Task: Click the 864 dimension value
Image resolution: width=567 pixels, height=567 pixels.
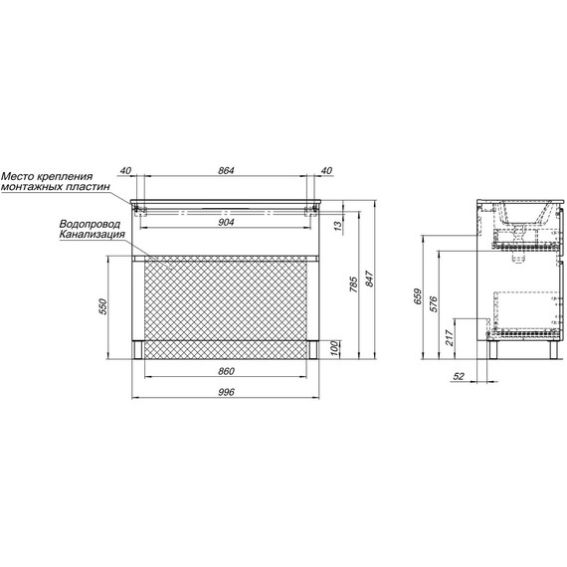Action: coord(226,170)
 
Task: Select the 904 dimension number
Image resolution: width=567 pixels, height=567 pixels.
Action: coord(226,222)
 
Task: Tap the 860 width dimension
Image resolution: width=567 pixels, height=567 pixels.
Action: coord(227,371)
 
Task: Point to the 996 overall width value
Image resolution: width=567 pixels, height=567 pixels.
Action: coord(227,392)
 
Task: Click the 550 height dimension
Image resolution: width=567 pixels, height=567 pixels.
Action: coord(103,306)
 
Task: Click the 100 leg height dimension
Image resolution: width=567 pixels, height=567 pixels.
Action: coord(335,348)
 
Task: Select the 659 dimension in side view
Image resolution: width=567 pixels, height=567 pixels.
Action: coord(418,296)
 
